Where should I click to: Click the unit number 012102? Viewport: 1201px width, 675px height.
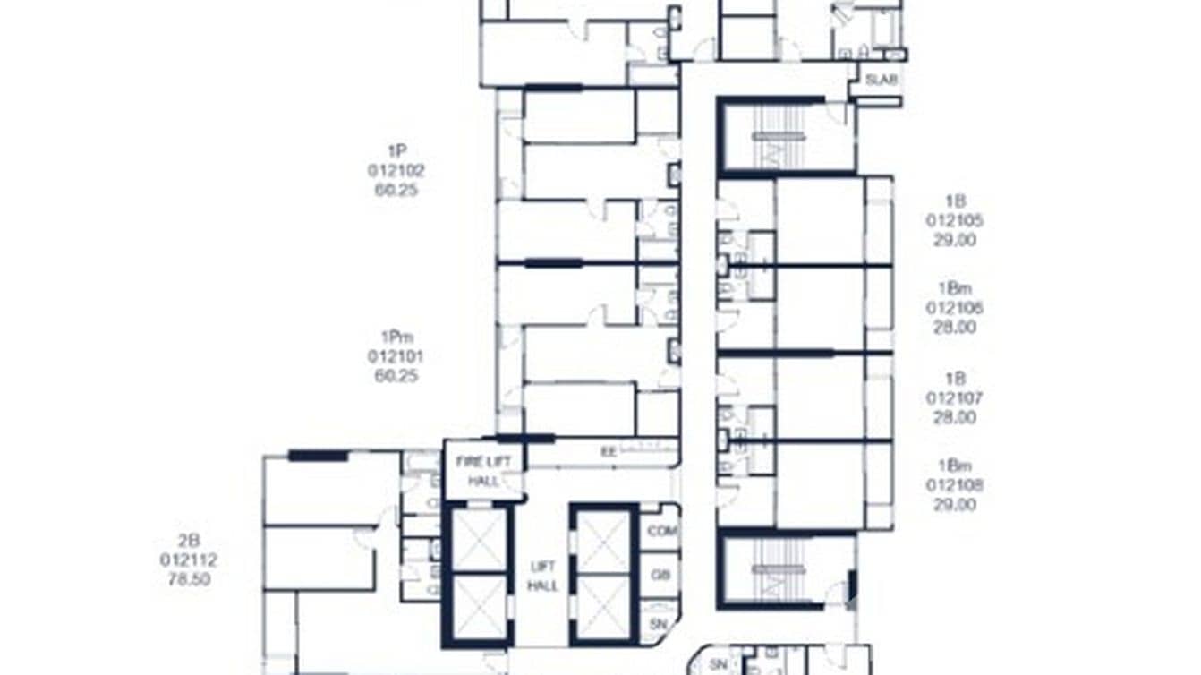point(396,170)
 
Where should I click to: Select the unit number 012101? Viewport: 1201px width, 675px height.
point(396,356)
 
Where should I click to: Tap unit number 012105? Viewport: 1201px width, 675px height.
point(955,221)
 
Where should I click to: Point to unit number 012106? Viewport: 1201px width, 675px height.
point(955,308)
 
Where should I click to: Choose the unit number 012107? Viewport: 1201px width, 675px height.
point(955,397)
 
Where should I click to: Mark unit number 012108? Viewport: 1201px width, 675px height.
point(955,485)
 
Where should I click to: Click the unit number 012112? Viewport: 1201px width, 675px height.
point(189,560)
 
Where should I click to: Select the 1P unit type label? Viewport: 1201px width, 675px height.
point(396,150)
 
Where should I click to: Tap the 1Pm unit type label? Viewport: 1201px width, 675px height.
point(396,337)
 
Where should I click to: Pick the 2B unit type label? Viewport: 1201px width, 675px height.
point(189,540)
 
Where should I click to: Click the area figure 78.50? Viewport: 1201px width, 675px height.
point(189,579)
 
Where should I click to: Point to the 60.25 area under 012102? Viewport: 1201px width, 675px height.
point(396,190)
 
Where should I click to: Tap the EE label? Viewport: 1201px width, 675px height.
point(608,452)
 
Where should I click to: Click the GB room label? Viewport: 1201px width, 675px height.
point(660,575)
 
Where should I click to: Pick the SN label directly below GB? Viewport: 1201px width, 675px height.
point(660,623)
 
